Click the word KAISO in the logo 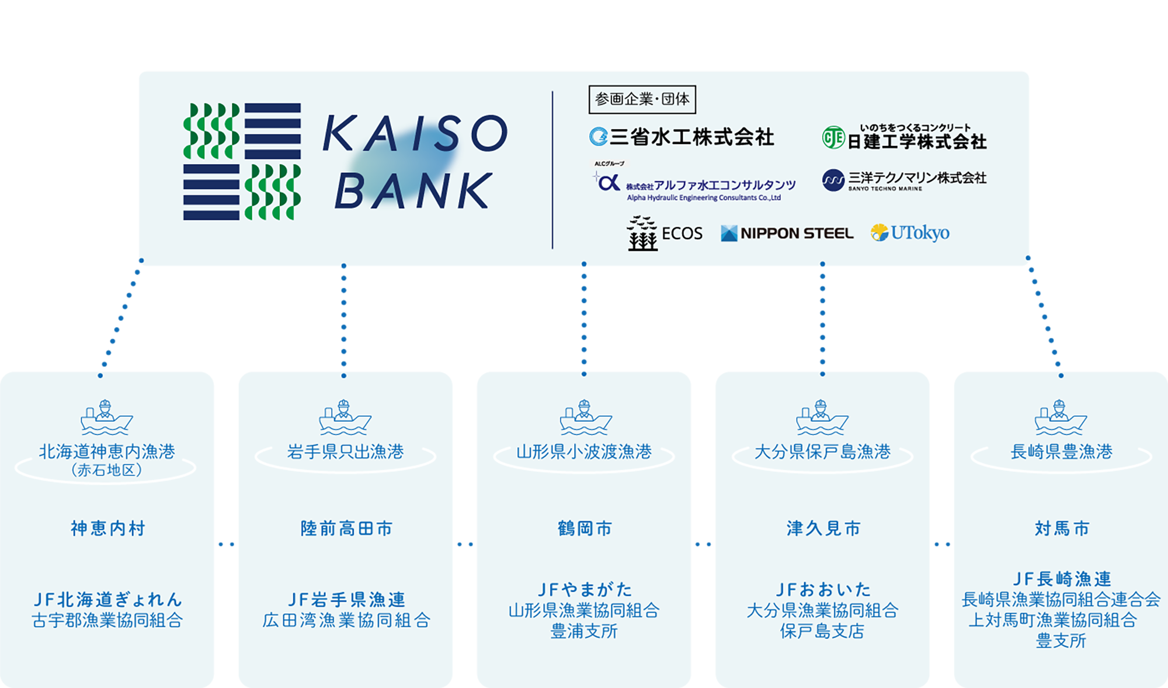tap(415, 133)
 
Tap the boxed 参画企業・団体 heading tap(642, 99)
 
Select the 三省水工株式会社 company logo tap(682, 137)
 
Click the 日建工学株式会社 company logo tap(904, 138)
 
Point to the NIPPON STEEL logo tap(787, 234)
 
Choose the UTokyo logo tap(910, 233)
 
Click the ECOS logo tap(665, 233)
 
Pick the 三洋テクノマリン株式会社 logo tap(904, 180)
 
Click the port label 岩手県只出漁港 tap(345, 451)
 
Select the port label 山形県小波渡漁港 tap(584, 451)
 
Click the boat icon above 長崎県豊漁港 tap(1061, 418)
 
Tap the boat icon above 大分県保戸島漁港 tap(822, 418)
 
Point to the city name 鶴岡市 tap(585, 529)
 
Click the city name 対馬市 tap(1062, 529)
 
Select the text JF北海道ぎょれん tap(107, 599)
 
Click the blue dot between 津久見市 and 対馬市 tap(941, 544)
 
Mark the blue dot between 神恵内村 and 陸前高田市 tap(226, 544)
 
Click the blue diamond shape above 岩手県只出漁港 tap(344, 318)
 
